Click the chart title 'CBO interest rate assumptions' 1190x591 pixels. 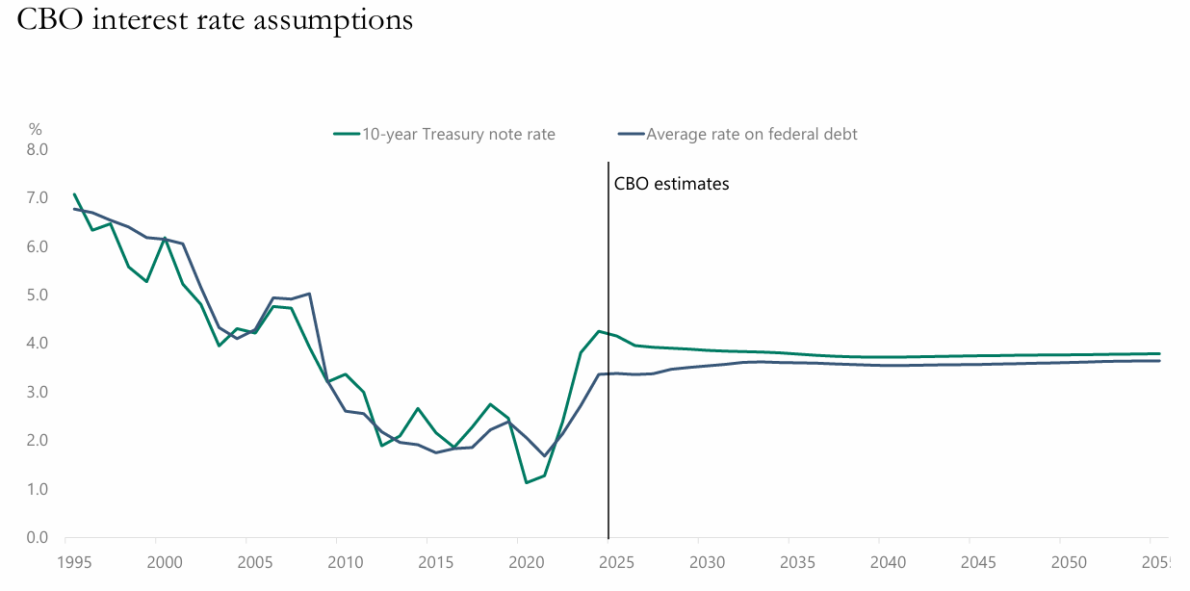click(215, 20)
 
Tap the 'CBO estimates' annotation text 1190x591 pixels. click(672, 183)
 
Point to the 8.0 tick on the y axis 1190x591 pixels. click(38, 150)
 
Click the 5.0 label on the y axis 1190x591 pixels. click(38, 295)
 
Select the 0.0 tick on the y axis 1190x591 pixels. click(38, 538)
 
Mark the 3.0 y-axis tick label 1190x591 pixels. click(38, 392)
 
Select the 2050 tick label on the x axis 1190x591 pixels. click(1060, 561)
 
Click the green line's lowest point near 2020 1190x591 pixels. click(527, 482)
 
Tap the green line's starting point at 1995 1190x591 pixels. click(74, 194)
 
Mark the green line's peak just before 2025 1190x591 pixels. click(599, 331)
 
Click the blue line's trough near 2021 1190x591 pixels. click(545, 456)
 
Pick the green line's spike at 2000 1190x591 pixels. click(165, 238)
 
